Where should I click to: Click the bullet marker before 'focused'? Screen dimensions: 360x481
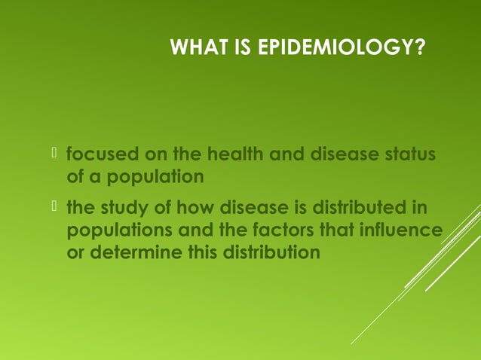55,155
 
